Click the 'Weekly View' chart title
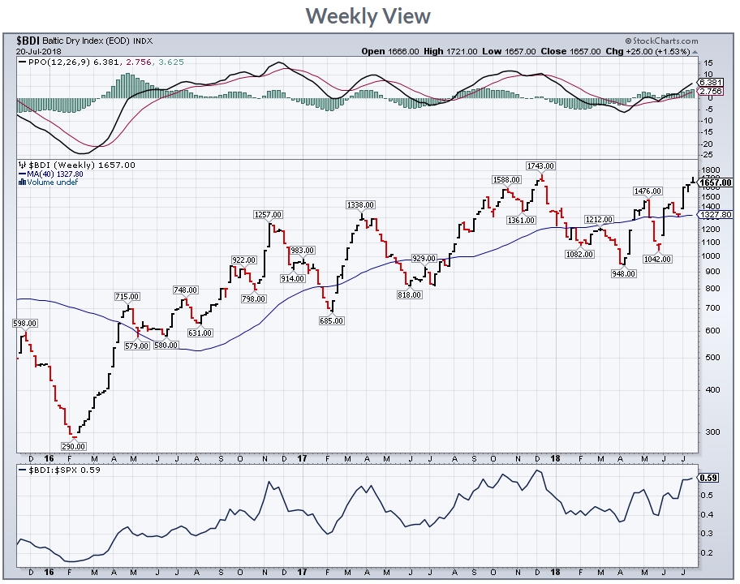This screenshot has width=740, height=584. click(x=369, y=15)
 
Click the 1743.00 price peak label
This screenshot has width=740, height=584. click(x=541, y=165)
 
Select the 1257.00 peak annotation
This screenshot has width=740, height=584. click(x=268, y=214)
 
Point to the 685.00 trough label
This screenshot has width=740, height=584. click(x=332, y=320)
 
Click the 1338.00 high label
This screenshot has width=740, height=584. click(x=359, y=204)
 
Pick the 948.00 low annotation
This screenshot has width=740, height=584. click(x=622, y=273)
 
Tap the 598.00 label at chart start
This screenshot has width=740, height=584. click(x=25, y=323)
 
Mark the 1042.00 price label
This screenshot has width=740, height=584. click(x=658, y=259)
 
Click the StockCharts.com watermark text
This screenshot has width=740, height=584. click(x=662, y=41)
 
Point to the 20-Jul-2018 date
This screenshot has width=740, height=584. click(x=38, y=51)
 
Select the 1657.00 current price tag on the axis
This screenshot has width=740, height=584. click(x=715, y=182)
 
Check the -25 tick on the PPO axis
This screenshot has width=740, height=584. click(x=708, y=154)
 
